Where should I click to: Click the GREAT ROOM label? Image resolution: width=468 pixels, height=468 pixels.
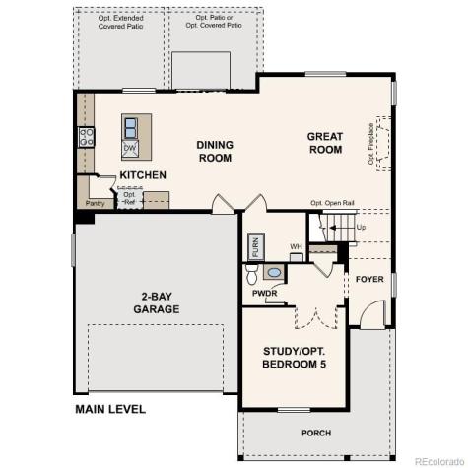tap(324, 143)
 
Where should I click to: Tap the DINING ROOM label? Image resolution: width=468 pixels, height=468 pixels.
tap(215, 151)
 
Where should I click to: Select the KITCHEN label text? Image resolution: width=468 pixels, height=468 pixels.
tap(142, 176)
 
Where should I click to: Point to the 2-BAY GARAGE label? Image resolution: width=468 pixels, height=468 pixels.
tap(157, 302)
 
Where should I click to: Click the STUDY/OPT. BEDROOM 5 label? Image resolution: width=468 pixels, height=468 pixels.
tap(295, 358)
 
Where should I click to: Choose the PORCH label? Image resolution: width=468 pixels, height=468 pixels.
tap(315, 434)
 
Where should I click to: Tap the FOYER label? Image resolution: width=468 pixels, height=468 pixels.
tap(369, 279)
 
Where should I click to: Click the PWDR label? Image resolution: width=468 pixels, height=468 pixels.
tap(263, 293)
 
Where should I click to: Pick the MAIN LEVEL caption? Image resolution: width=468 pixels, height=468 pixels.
tap(109, 409)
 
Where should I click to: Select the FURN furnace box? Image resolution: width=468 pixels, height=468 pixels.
tap(254, 245)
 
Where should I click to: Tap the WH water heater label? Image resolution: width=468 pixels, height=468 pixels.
tap(295, 246)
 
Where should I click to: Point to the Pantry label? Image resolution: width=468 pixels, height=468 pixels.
tap(95, 203)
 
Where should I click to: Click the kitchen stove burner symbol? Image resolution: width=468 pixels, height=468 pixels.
tap(86, 137)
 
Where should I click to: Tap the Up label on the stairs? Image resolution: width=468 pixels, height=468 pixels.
tap(362, 227)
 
